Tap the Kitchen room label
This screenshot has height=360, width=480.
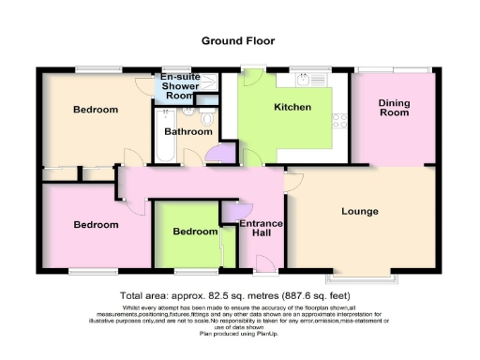point(292,108)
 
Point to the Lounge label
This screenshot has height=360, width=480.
point(360,211)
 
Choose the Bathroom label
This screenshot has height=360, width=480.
point(187,132)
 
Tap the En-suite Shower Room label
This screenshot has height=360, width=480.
point(180,86)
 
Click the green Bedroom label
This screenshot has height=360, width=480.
point(195,232)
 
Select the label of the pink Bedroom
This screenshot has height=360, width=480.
point(97,225)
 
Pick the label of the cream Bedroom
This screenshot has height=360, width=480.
point(97,110)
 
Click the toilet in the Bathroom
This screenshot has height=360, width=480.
point(205,117)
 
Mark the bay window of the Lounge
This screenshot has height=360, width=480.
point(360,278)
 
